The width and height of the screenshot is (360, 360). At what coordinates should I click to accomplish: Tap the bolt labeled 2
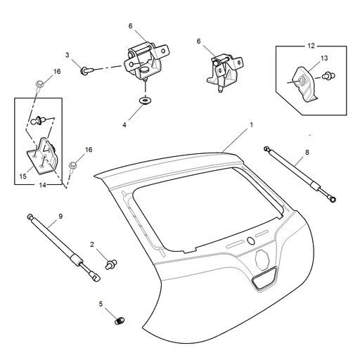[x=110, y=264]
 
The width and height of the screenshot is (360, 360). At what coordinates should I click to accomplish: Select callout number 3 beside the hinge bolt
[x=67, y=54]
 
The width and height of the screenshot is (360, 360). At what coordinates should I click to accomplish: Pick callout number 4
[x=125, y=124]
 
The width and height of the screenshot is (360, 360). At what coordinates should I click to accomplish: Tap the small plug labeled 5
[x=119, y=322]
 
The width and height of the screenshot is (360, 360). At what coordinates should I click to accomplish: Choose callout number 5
[x=101, y=304]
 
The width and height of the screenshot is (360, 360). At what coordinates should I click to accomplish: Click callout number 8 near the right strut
[x=307, y=151]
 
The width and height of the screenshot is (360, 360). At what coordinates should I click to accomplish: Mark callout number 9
[x=60, y=217]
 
